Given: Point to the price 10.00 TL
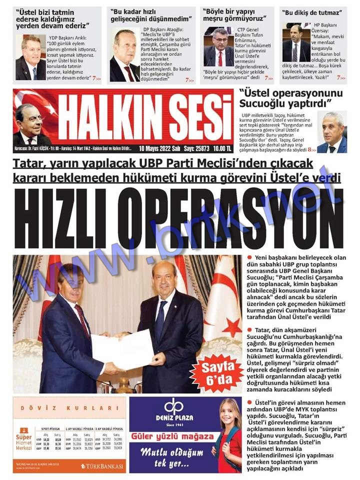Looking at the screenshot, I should (x=222, y=148).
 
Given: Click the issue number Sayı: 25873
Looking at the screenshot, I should (x=194, y=148).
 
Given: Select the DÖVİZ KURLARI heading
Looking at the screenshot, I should (x=69, y=408).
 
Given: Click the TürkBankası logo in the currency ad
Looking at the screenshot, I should (x=103, y=466).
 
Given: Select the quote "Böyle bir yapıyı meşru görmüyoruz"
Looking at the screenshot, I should (x=233, y=15).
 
